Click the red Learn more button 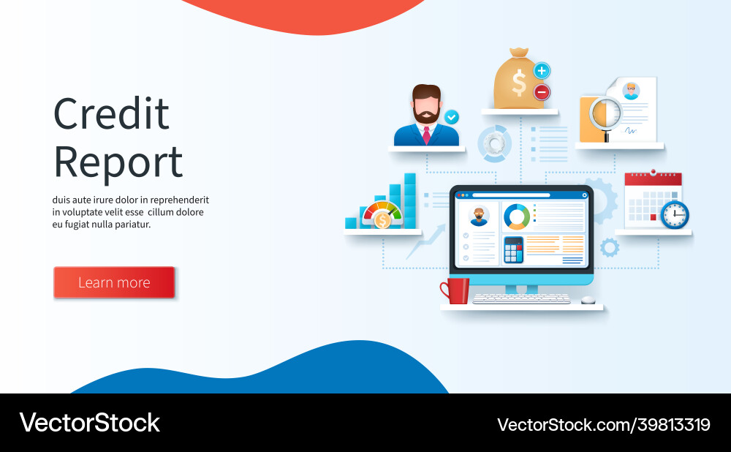pyautogui.click(x=114, y=282)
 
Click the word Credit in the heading pyautogui.click(x=111, y=114)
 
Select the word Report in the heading pyautogui.click(x=118, y=162)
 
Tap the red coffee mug pyautogui.click(x=455, y=290)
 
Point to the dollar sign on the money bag pyautogui.click(x=519, y=83)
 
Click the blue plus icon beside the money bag pyautogui.click(x=542, y=71)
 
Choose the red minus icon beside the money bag pyautogui.click(x=542, y=92)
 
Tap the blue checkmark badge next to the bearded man pyautogui.click(x=452, y=116)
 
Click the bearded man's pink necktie pyautogui.click(x=427, y=135)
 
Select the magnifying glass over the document pyautogui.click(x=605, y=116)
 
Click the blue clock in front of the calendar pyautogui.click(x=674, y=215)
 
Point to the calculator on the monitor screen pyautogui.click(x=514, y=250)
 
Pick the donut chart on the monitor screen pyautogui.click(x=517, y=216)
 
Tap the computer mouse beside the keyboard pyautogui.click(x=588, y=299)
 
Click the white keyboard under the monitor pyautogui.click(x=521, y=298)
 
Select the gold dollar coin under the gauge pyautogui.click(x=382, y=220)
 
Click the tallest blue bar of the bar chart pyautogui.click(x=410, y=200)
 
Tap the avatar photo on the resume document pyautogui.click(x=630, y=91)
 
